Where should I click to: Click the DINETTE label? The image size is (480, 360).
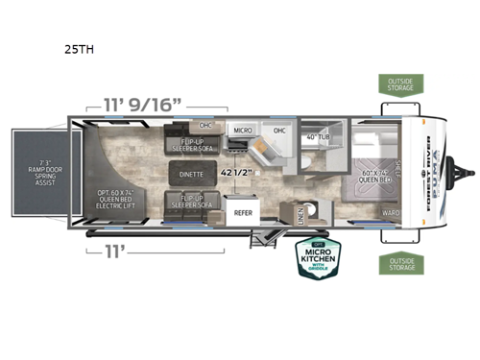coord(190,175)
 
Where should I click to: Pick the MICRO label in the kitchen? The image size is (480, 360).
coord(241,129)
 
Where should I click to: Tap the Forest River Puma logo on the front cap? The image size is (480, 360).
coord(430,171)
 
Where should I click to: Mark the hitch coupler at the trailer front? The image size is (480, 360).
coord(468,174)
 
